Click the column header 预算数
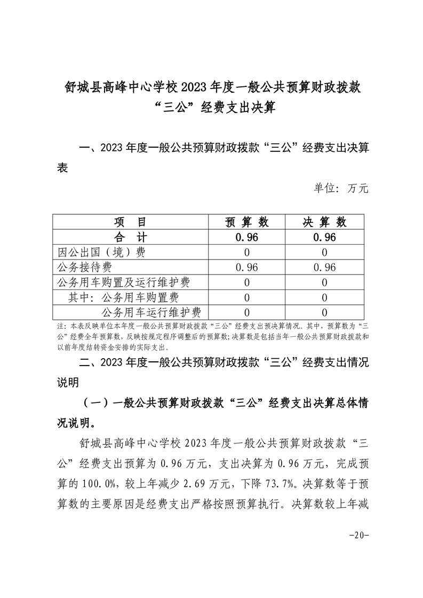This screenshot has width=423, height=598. [x=246, y=222]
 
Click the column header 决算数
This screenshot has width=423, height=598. [x=325, y=222]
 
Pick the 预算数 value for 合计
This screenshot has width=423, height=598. [x=246, y=238]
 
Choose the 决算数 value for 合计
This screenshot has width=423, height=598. [x=325, y=238]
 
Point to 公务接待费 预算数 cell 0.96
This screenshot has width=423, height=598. [x=246, y=268]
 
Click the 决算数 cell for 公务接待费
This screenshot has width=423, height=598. [x=325, y=268]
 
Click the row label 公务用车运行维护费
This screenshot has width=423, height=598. [x=151, y=312]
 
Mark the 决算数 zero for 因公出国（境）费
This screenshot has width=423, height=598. [x=325, y=253]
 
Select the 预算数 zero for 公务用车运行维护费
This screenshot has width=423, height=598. [x=246, y=312]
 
